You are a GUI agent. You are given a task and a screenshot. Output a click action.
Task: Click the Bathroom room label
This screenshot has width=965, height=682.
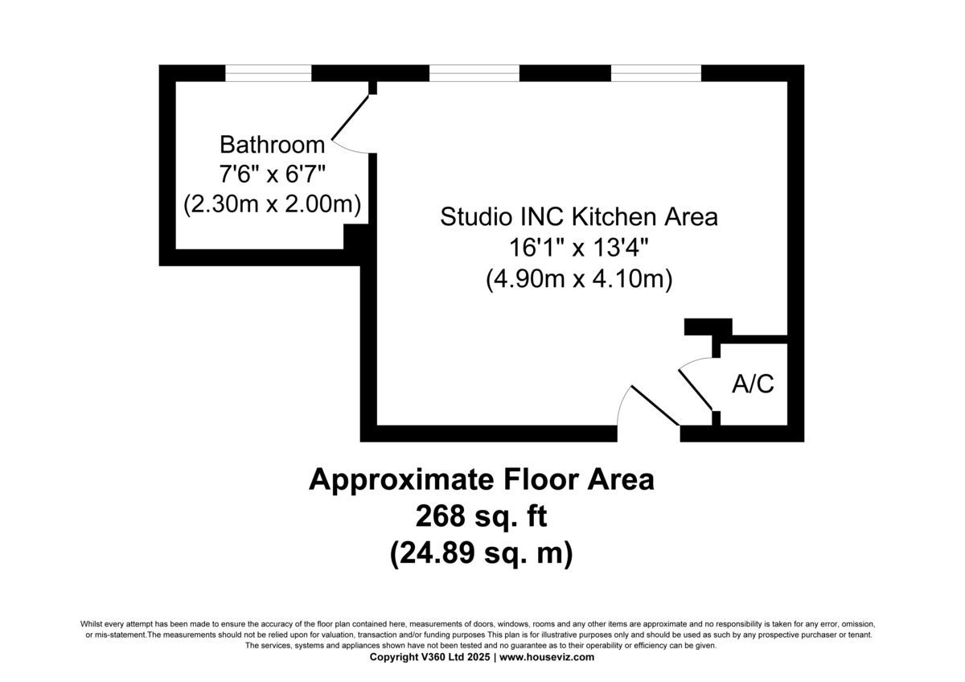(272, 145)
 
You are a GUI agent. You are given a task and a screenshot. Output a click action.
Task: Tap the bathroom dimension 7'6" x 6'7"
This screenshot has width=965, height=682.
(272, 174)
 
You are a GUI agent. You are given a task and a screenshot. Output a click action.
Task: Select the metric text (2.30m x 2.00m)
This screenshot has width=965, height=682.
(272, 203)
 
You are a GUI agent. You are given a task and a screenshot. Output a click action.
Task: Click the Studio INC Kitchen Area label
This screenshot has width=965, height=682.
(578, 217)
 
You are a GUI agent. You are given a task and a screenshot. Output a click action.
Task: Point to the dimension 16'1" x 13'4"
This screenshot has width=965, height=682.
(578, 248)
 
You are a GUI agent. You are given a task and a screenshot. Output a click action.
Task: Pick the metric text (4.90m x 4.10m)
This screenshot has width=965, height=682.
(578, 279)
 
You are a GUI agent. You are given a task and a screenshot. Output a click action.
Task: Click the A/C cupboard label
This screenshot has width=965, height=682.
(753, 384)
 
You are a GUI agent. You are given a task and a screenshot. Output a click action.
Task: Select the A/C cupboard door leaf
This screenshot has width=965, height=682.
(696, 389)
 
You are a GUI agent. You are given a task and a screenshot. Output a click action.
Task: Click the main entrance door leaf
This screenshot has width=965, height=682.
(655, 406)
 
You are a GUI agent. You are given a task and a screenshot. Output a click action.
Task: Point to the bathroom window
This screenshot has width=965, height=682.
(268, 73)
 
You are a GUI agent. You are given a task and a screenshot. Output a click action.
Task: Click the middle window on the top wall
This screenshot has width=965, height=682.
(474, 73)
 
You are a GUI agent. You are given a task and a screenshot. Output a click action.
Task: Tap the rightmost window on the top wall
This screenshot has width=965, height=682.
(656, 73)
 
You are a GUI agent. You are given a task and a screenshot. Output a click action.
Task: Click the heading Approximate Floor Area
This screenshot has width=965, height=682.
(482, 480)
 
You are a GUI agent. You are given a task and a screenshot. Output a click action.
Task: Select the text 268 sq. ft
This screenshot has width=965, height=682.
(482, 516)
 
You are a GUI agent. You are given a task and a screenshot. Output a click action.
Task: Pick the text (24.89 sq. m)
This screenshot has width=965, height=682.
(482, 554)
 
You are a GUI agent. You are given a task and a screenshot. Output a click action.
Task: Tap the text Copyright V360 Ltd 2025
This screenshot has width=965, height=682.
(431, 657)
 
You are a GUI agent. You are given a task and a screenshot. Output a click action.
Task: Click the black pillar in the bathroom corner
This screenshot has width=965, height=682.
(355, 237)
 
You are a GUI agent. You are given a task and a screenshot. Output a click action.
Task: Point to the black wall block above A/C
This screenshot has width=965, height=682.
(708, 327)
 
